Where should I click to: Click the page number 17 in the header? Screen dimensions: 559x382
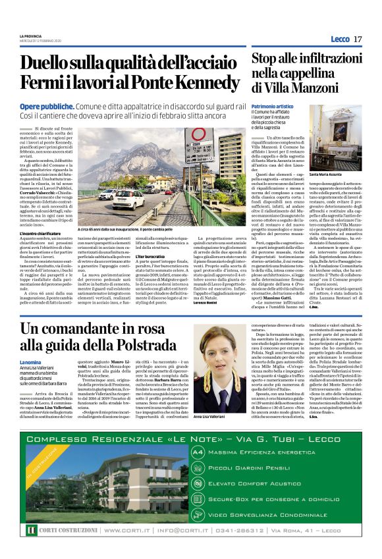[358, 40]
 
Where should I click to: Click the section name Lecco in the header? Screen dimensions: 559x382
[340, 40]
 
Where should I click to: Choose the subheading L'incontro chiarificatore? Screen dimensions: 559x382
[46, 234]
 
